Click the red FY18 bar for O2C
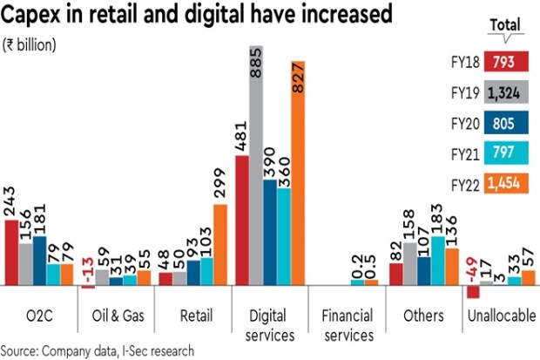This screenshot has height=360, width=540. (12, 253)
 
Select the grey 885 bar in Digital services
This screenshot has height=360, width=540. (255, 166)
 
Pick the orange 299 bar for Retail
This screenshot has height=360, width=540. (219, 245)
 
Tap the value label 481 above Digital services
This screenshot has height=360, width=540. (242, 132)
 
